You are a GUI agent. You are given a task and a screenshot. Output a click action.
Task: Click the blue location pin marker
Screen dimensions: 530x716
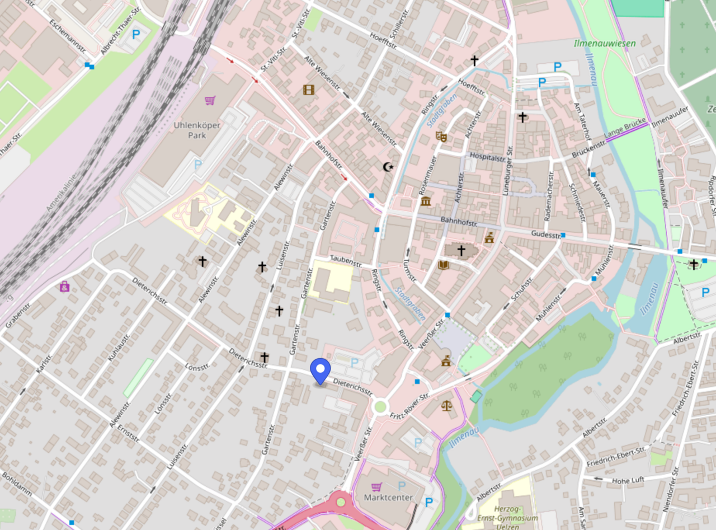click(321, 370)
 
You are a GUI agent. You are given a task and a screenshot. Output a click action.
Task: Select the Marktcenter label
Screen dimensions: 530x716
click(388, 498)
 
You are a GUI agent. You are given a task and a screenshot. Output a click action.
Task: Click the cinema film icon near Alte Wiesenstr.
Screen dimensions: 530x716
click(309, 89)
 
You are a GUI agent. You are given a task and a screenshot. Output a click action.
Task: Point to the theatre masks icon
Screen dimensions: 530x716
click(441, 136)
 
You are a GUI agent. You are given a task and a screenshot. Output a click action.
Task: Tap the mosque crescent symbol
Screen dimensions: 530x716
click(387, 166)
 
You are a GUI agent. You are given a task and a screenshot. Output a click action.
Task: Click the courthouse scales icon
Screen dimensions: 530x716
click(446, 405)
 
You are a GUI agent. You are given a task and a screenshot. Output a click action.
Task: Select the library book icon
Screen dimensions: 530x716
click(444, 264)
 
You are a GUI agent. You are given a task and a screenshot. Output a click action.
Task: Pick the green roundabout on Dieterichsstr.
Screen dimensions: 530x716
click(381, 406)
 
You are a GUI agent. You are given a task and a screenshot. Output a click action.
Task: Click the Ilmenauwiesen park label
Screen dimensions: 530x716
click(597, 43)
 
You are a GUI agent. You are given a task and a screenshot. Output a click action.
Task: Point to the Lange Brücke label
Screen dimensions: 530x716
click(626, 129)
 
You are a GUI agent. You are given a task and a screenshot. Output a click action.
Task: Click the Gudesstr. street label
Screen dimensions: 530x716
click(546, 236)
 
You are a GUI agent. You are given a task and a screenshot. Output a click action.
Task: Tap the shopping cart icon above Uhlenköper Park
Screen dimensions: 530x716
click(210, 101)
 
